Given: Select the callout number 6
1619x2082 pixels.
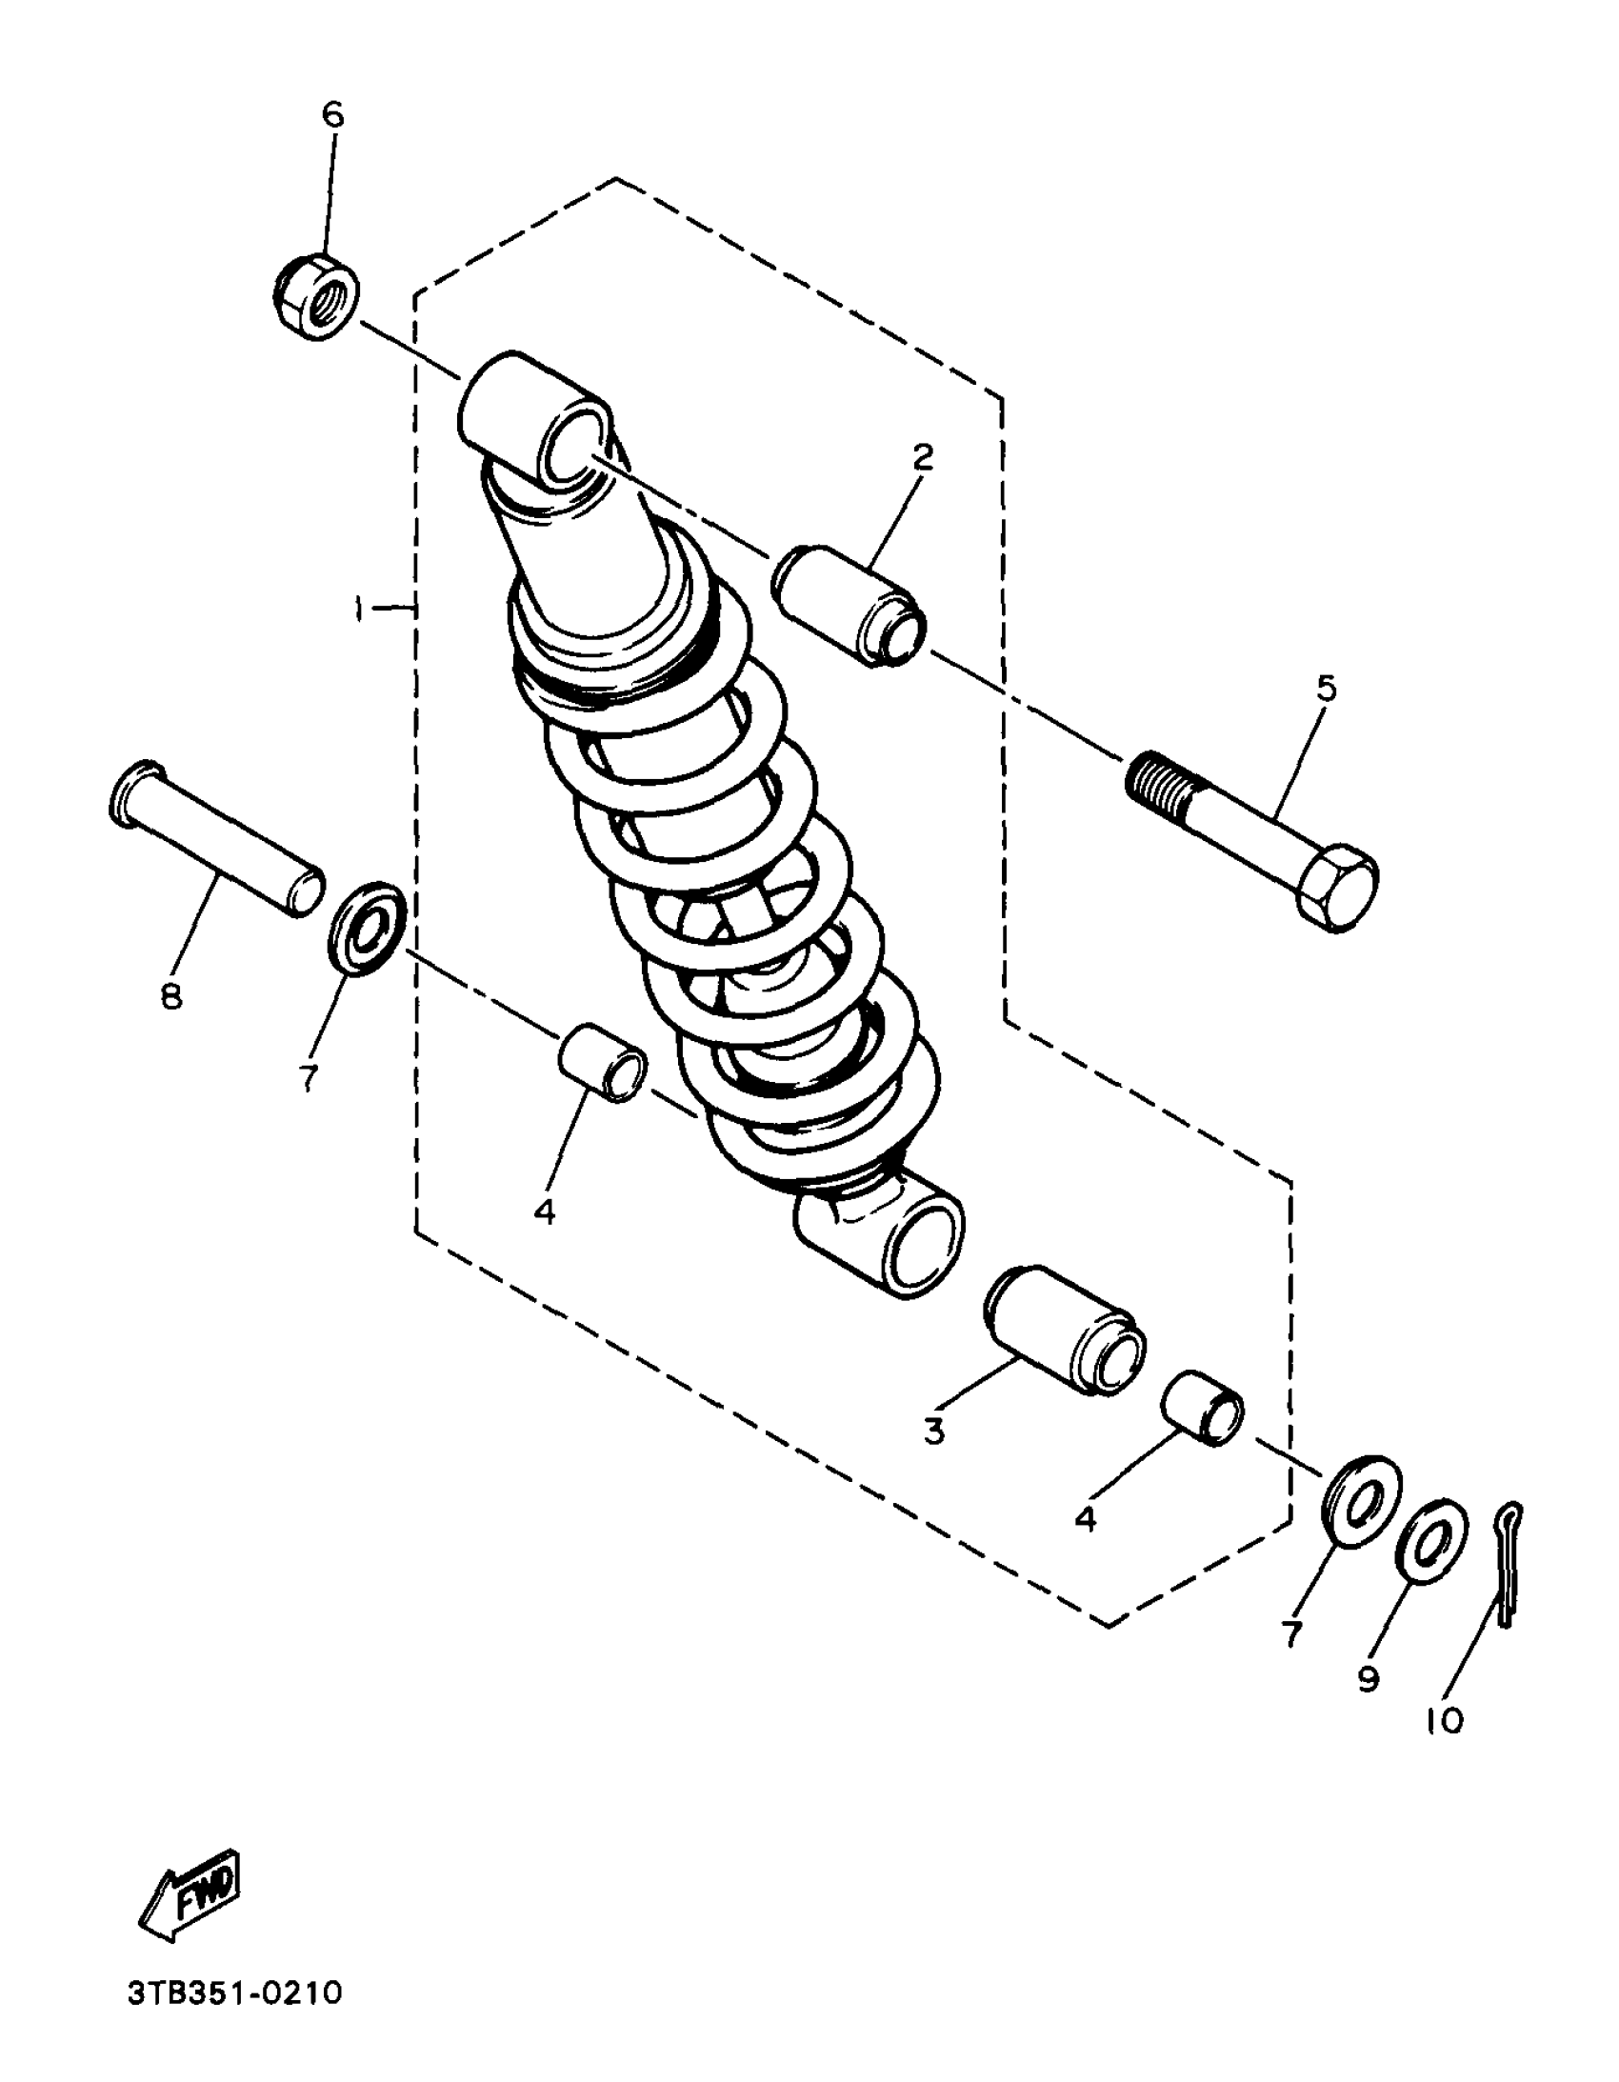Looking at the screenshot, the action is tap(331, 114).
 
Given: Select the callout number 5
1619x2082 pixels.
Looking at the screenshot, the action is tap(1327, 689).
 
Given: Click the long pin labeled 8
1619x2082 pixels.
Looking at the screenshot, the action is tap(213, 836).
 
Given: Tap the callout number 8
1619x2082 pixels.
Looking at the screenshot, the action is tap(171, 997).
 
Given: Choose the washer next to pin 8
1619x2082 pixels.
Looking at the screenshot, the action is tap(367, 928).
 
